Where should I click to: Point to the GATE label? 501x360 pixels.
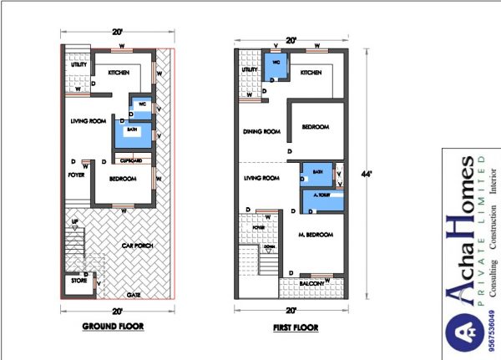[132, 295]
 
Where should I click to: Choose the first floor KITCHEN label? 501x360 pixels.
[311, 74]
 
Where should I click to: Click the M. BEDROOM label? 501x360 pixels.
[315, 235]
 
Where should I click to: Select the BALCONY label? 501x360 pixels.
[314, 284]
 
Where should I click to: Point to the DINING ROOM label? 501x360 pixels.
[261, 131]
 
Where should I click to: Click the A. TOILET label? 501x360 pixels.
[319, 195]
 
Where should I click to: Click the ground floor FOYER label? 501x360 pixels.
[77, 175]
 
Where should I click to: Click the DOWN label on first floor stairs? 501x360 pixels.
[269, 246]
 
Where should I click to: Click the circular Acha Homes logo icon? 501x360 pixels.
[463, 338]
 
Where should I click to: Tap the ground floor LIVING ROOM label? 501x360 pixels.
[88, 121]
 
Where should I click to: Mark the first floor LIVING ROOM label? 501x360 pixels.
[261, 178]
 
